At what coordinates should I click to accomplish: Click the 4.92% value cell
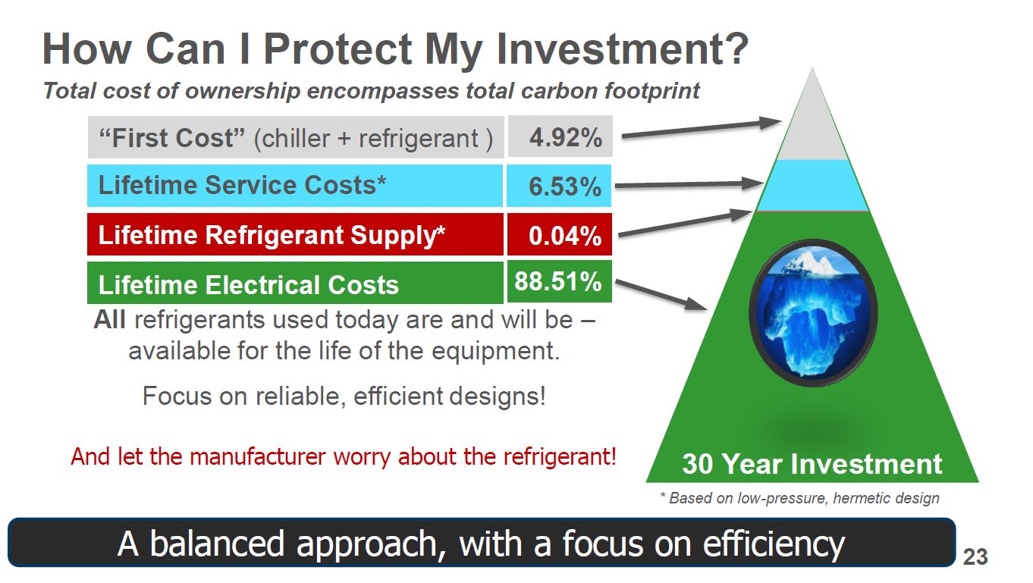tap(560, 136)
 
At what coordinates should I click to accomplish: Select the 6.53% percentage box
tap(559, 186)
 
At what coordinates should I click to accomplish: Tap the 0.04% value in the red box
tap(560, 234)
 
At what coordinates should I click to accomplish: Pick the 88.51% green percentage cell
tap(560, 281)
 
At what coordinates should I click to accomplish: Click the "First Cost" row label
tap(296, 137)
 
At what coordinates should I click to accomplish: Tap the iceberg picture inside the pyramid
tap(813, 313)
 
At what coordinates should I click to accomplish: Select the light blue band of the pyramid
tap(812, 186)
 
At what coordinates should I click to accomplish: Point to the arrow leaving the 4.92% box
tap(702, 129)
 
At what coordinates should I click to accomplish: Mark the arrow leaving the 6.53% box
tap(689, 184)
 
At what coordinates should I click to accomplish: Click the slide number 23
tap(975, 556)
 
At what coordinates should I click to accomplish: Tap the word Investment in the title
tap(623, 49)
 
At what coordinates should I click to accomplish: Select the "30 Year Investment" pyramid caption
tap(812, 464)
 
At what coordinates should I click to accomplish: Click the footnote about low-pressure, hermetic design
tap(799, 498)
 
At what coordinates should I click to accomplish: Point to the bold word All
tap(109, 319)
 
